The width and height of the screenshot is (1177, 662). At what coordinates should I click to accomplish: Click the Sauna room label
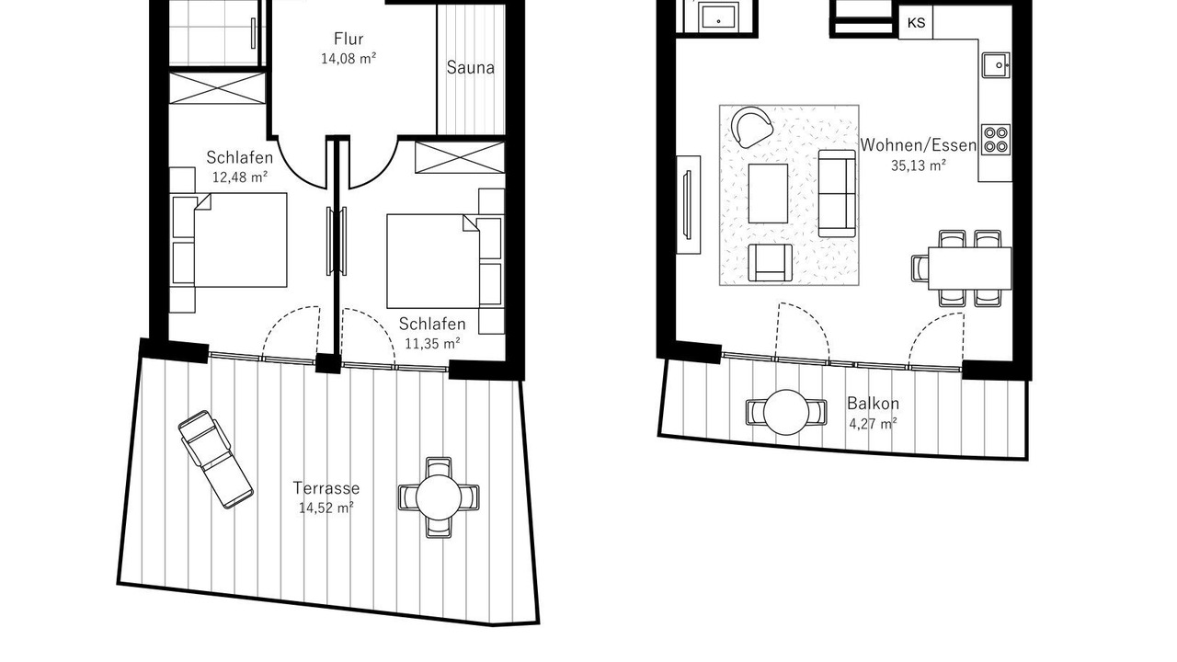[x=470, y=68]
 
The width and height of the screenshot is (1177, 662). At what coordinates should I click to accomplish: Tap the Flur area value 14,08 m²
[x=349, y=58]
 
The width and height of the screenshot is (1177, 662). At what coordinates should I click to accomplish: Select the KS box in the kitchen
[x=916, y=23]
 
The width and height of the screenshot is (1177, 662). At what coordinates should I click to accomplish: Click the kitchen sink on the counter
[x=996, y=65]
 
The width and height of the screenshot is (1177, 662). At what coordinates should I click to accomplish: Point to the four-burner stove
[x=996, y=139]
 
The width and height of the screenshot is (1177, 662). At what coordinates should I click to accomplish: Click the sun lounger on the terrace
[x=216, y=460]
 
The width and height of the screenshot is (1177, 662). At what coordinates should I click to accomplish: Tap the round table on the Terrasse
[x=439, y=497]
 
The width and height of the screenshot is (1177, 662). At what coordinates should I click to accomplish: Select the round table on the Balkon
[x=786, y=412]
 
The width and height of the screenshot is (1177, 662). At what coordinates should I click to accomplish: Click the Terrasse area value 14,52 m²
[x=326, y=508]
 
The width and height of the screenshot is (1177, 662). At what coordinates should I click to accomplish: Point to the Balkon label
[x=873, y=404]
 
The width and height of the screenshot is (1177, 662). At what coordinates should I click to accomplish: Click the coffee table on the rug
[x=768, y=193]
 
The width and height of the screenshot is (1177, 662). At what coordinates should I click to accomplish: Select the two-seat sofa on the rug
[x=837, y=193]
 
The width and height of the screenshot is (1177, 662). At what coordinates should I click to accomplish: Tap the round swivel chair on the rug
[x=751, y=127]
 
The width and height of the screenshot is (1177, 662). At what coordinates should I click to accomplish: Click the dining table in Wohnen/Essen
[x=970, y=268]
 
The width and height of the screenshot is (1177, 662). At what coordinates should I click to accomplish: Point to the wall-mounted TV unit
[x=689, y=205]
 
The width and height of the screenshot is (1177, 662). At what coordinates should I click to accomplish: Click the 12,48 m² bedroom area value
[x=240, y=177]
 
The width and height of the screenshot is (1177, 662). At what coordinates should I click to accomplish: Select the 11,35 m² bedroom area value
[x=432, y=344]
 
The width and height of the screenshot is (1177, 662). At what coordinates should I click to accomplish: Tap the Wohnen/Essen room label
[x=918, y=145]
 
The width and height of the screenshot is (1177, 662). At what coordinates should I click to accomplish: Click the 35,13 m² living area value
[x=918, y=165]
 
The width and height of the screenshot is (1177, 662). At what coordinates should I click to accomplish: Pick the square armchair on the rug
[x=770, y=262]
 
